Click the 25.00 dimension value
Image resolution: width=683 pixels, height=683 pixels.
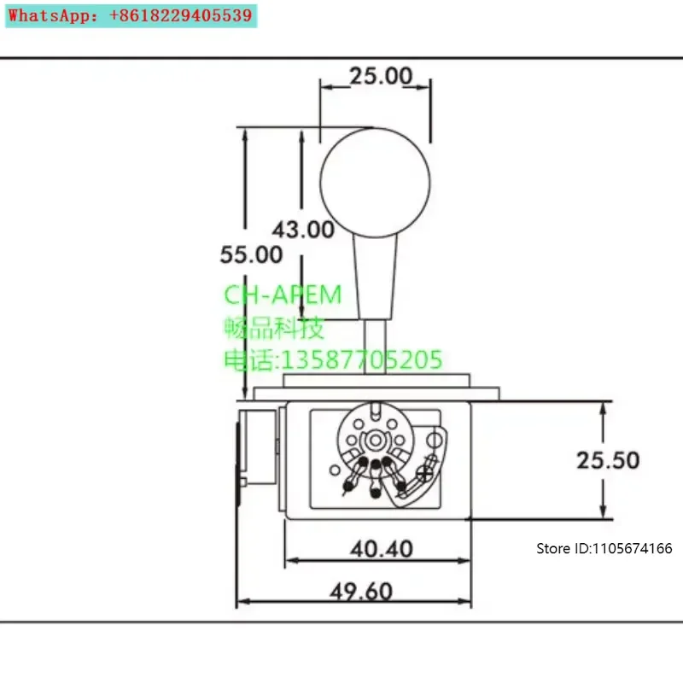pos(381,76)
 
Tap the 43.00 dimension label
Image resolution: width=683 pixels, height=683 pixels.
pos(303,230)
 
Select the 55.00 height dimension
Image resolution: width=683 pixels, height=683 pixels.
pos(251,254)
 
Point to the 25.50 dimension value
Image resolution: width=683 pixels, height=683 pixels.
pos(608,460)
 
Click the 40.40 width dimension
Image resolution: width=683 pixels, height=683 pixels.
pos(382,549)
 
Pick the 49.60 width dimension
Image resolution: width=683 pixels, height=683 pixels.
pos(361,592)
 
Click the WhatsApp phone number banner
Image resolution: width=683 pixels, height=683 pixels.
pos(131,16)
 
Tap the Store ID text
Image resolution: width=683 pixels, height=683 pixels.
pos(604,548)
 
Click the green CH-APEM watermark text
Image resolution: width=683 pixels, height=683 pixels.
pos(283,295)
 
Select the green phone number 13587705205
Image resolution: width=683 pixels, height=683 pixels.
pos(362,359)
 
